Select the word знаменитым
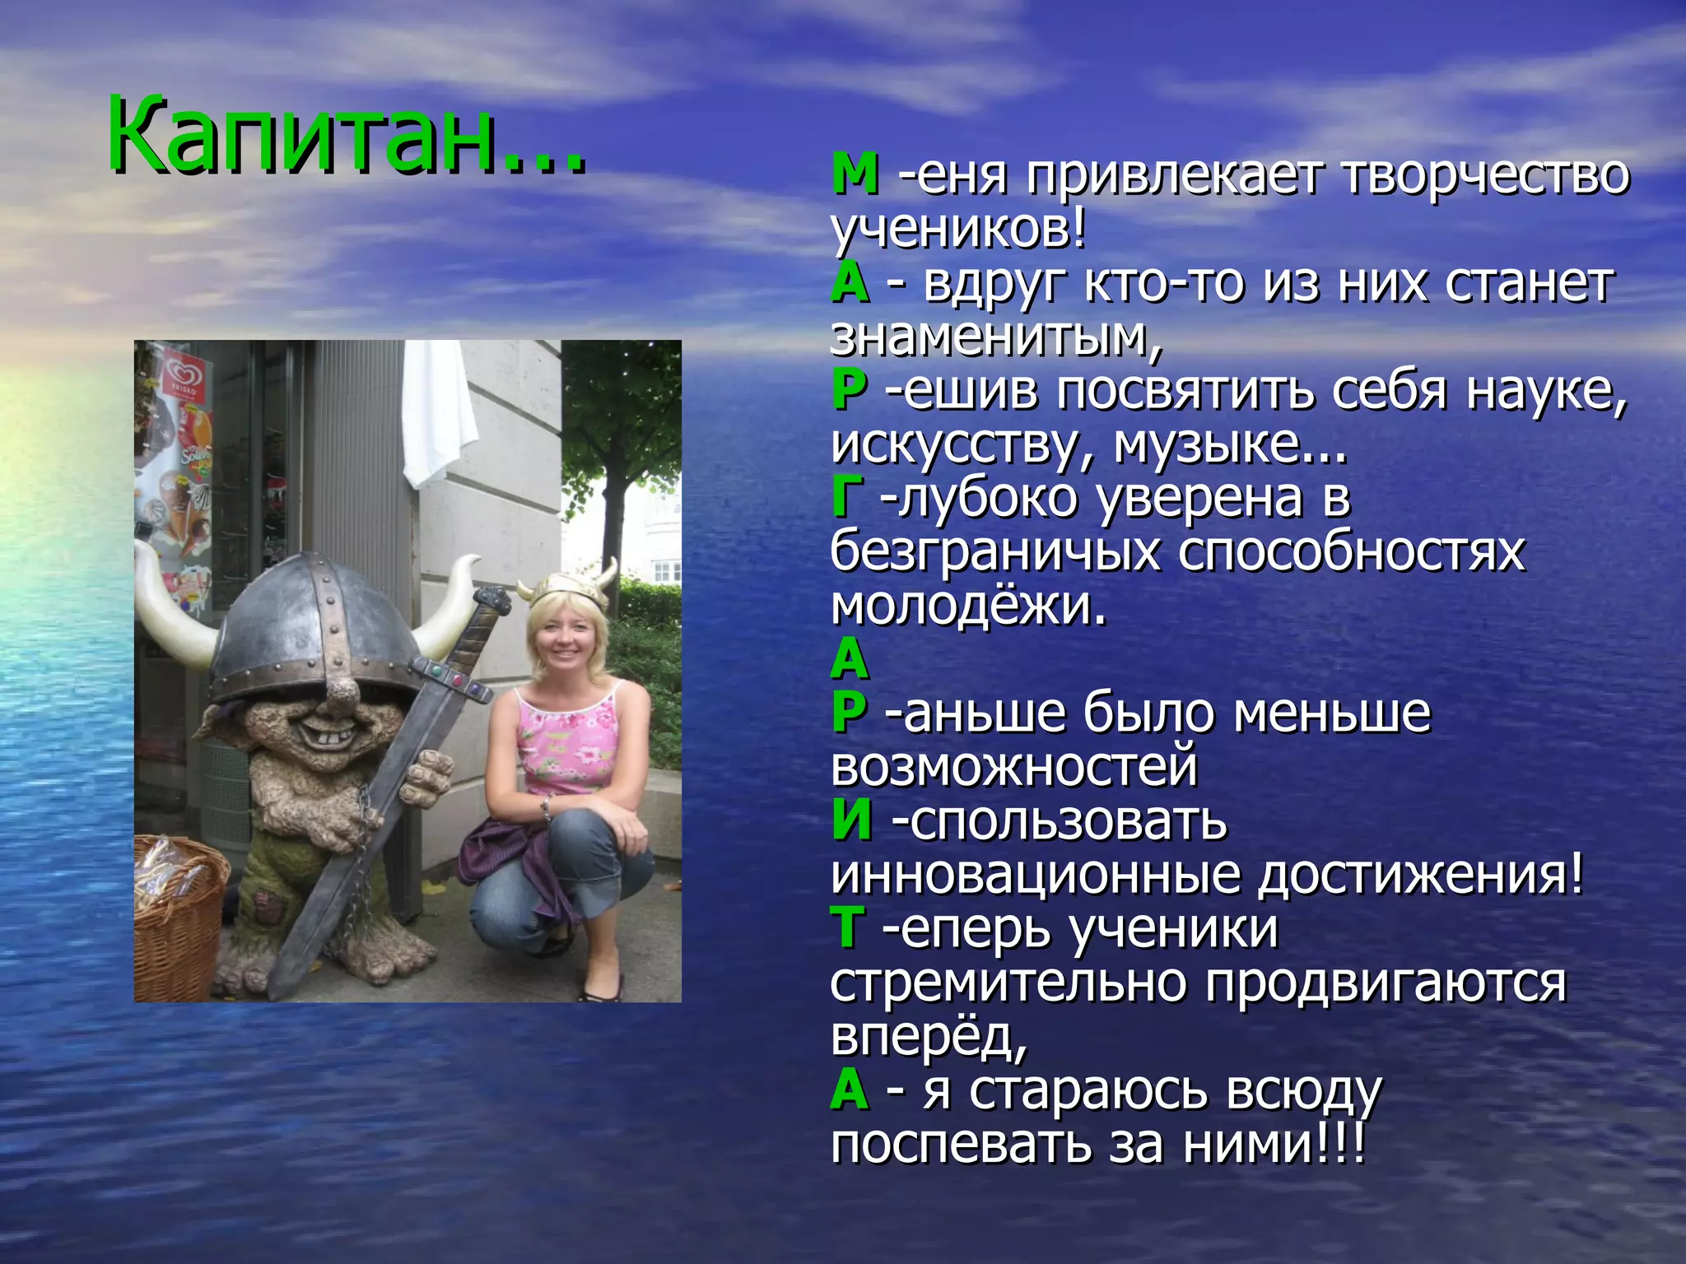pyautogui.click(x=996, y=337)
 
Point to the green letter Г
pyautogui.click(x=848, y=499)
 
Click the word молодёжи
pyautogui.click(x=968, y=606)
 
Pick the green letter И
pyautogui.click(x=852, y=822)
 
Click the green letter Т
pyautogui.click(x=848, y=930)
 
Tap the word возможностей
pyautogui.click(x=1013, y=768)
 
